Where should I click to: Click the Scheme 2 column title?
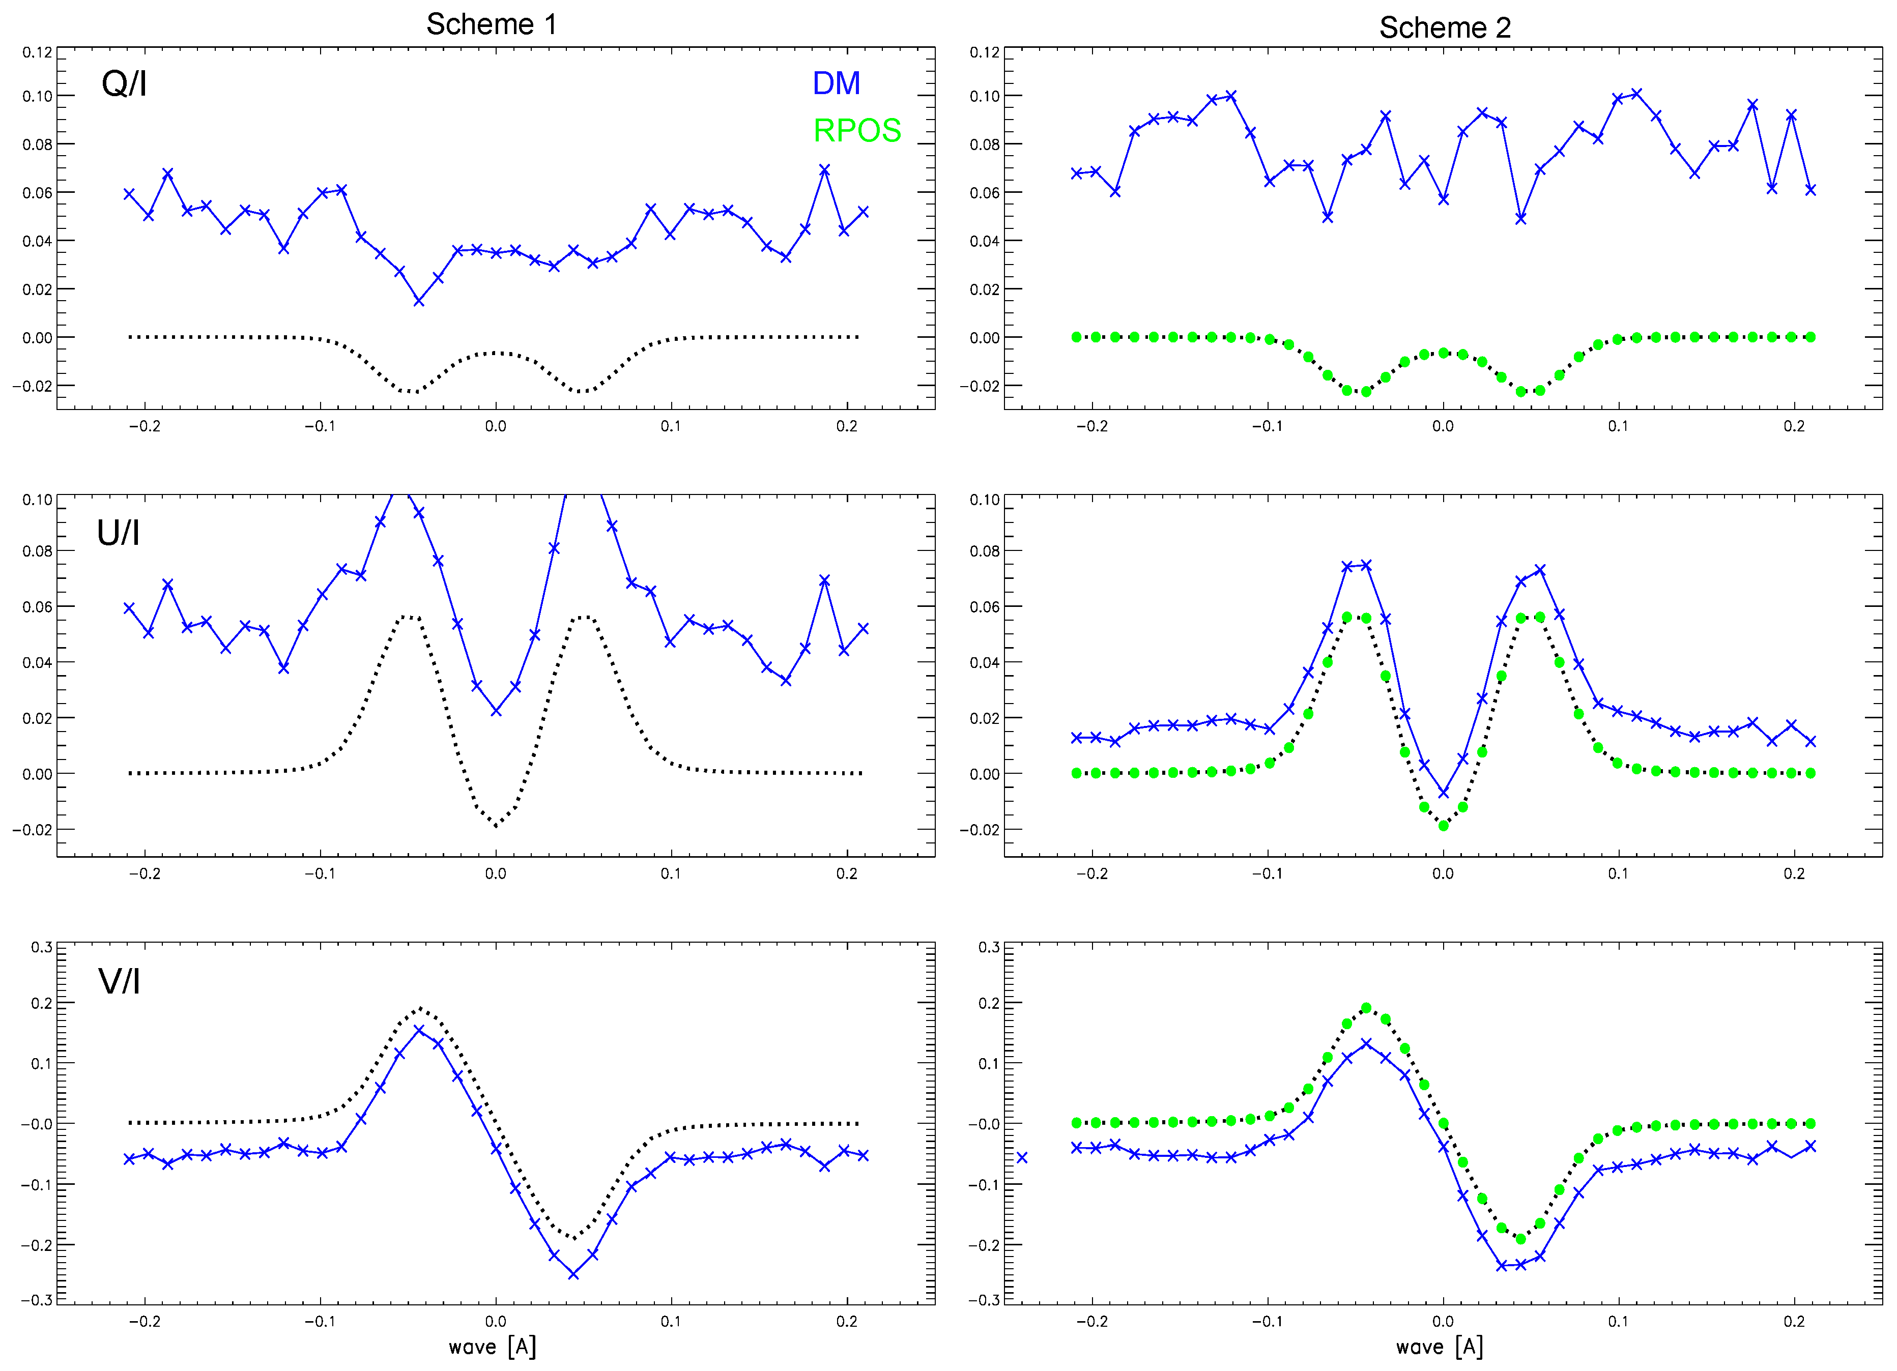pos(1445,27)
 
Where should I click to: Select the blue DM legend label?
pos(836,83)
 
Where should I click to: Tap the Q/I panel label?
pos(124,83)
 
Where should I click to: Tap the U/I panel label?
pos(118,533)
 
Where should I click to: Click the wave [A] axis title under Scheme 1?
pos(492,1346)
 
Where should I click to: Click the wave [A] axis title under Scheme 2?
pos(1439,1346)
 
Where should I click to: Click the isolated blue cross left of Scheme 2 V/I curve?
pos(1021,1158)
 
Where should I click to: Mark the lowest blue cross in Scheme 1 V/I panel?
pos(573,1274)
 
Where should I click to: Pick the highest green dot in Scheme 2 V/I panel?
pos(1366,1008)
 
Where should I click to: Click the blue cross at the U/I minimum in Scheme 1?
pos(496,711)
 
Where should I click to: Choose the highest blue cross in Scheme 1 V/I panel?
pos(419,1030)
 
